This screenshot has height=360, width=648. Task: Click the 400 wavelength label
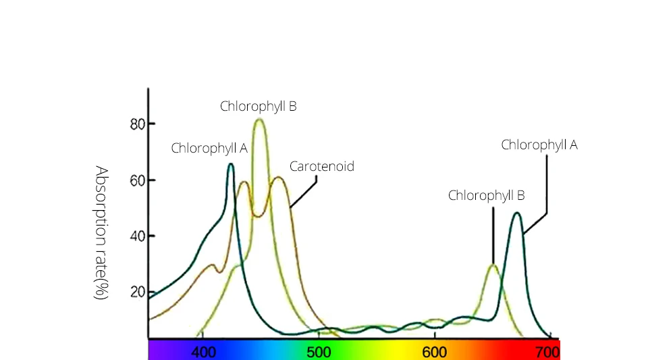(x=205, y=352)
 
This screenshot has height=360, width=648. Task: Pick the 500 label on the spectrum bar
(x=319, y=352)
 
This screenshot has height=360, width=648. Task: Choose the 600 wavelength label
(x=434, y=352)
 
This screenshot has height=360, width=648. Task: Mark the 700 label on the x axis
(x=547, y=352)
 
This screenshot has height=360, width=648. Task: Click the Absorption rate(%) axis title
(x=101, y=232)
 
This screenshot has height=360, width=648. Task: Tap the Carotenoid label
(x=321, y=166)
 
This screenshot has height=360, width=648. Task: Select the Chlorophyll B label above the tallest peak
(x=258, y=106)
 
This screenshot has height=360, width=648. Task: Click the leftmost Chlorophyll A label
(x=209, y=149)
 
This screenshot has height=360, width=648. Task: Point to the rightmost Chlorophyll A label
(x=539, y=145)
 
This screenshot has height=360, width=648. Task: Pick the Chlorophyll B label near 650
(x=486, y=196)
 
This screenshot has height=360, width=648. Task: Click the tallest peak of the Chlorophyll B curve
(x=259, y=120)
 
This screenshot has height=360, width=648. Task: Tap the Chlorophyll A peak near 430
(x=231, y=164)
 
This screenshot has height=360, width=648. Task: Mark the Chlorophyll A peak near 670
(x=517, y=213)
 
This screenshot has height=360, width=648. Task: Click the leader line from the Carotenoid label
(x=303, y=192)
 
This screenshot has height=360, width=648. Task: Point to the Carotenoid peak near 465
(x=277, y=178)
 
